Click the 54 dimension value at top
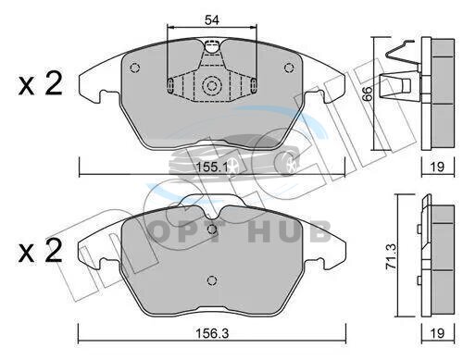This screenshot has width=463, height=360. (x=212, y=20)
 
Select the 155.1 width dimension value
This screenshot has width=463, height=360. (x=212, y=168)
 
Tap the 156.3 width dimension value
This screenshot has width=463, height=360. (x=212, y=333)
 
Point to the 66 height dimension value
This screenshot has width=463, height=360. (x=368, y=93)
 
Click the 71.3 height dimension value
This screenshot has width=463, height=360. (x=392, y=256)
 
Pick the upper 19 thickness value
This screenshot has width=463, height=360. (x=437, y=167)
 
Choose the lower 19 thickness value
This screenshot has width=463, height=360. (x=437, y=333)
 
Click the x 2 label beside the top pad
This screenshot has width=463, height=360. (x=40, y=83)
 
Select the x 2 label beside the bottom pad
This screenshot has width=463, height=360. (x=40, y=251)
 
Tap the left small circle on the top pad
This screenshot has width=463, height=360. (x=135, y=68)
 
